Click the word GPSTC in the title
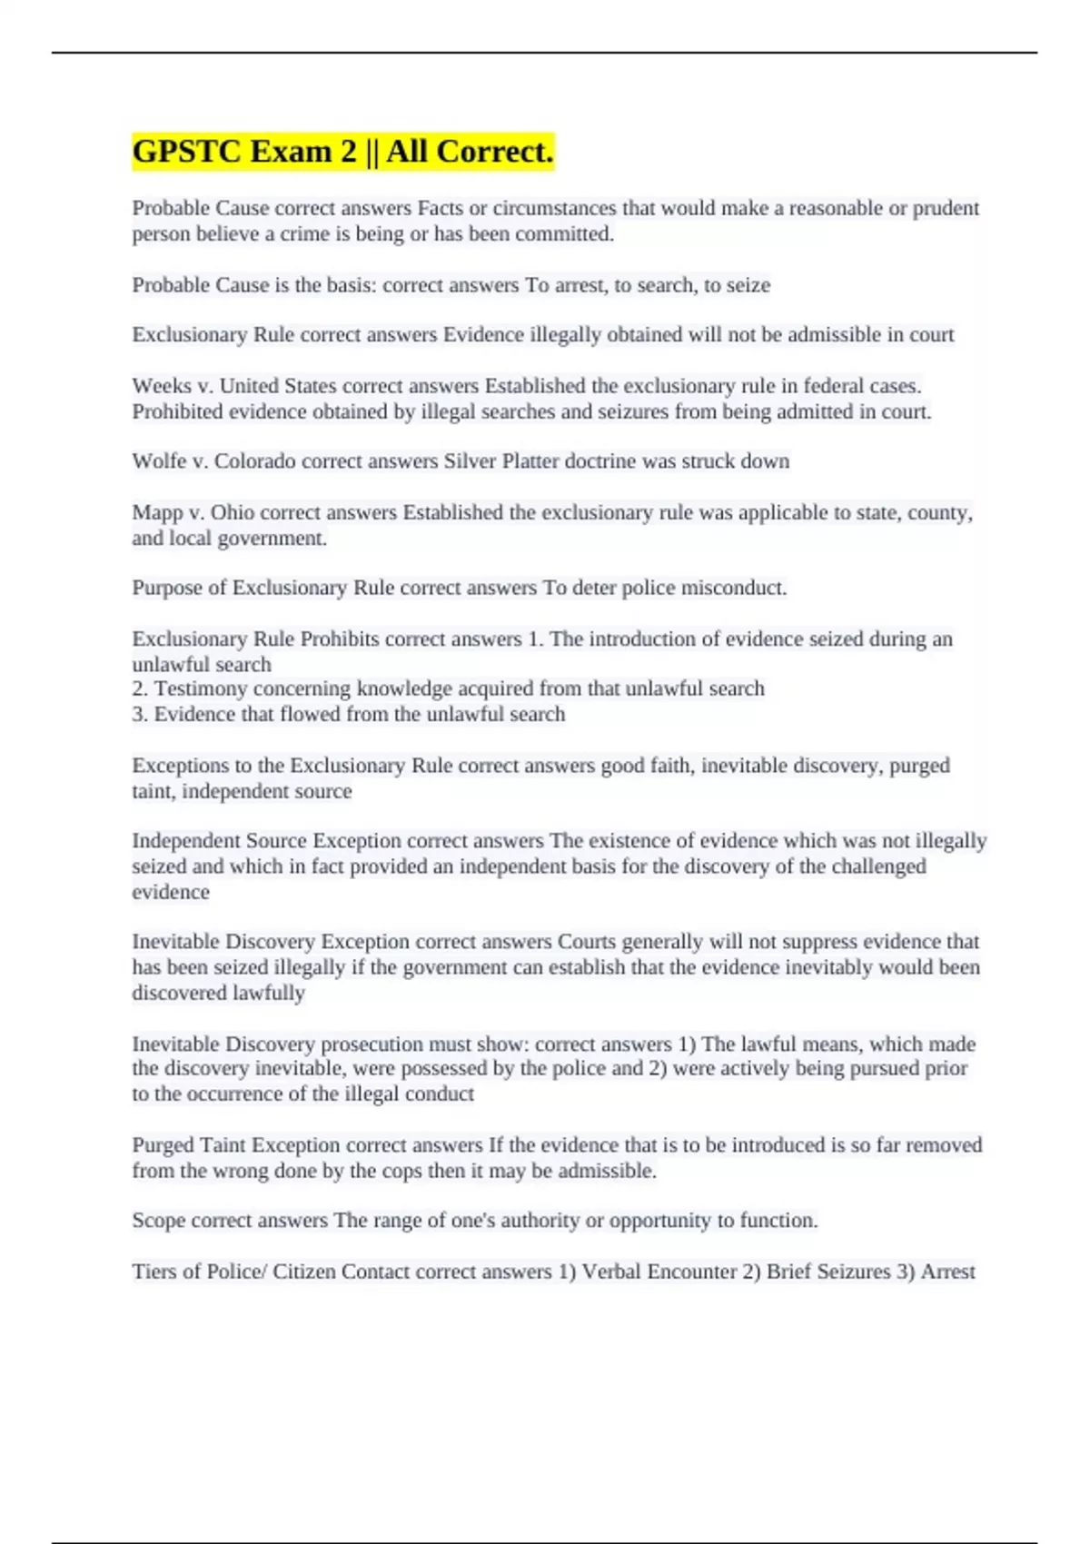[186, 152]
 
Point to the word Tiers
[154, 1272]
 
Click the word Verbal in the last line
[612, 1272]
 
